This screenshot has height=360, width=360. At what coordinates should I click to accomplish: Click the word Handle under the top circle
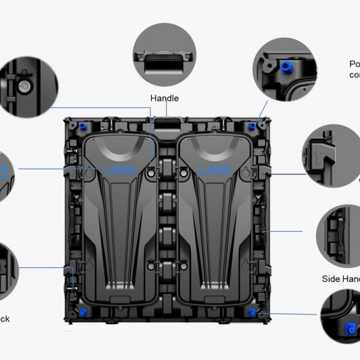tap(164, 98)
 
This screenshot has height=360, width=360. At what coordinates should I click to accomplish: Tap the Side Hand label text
tap(341, 278)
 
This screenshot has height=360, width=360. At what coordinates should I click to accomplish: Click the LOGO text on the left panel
tap(120, 171)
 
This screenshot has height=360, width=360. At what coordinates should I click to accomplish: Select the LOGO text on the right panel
tap(214, 171)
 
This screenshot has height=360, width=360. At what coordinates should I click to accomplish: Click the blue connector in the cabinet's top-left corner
tap(82, 127)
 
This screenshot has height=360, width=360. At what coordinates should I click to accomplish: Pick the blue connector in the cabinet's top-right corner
tap(253, 126)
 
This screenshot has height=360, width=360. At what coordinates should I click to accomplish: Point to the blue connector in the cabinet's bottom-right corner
tap(253, 313)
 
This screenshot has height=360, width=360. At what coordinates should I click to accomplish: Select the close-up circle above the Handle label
tap(164, 56)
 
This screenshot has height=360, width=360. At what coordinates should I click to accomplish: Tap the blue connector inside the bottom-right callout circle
tap(349, 328)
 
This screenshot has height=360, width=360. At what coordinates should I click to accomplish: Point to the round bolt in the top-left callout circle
tap(25, 86)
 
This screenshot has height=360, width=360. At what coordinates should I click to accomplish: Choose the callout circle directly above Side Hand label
tap(342, 230)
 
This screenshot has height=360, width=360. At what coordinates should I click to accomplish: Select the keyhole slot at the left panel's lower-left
tap(89, 263)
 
